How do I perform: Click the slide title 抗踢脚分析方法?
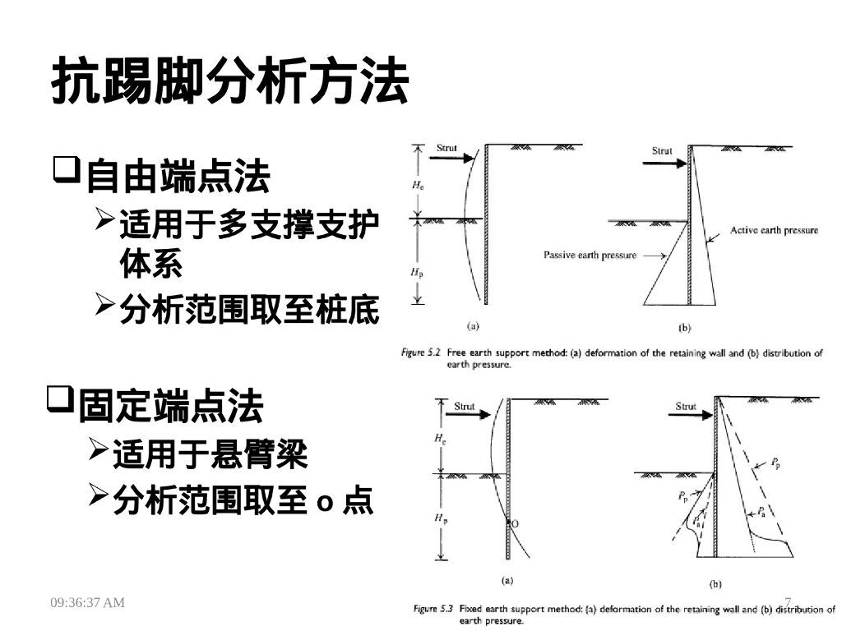[230, 82]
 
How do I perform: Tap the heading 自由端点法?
[178, 176]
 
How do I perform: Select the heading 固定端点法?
[171, 406]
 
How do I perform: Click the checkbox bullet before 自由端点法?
[67, 171]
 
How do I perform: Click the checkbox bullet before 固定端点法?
[59, 401]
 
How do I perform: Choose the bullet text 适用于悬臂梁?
[210, 454]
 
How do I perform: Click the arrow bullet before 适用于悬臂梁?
[97, 449]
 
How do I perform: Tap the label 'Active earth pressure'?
[774, 231]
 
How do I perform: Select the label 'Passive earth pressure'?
[590, 256]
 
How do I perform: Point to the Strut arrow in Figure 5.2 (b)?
[668, 163]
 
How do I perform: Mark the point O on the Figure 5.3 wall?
[515, 523]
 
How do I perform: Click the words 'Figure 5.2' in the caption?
[420, 352]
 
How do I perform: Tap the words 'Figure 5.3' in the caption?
[433, 610]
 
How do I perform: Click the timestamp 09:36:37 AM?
[88, 603]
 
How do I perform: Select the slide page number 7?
[788, 602]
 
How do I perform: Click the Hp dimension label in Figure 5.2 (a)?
[417, 272]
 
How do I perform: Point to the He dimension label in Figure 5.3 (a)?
[439, 440]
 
